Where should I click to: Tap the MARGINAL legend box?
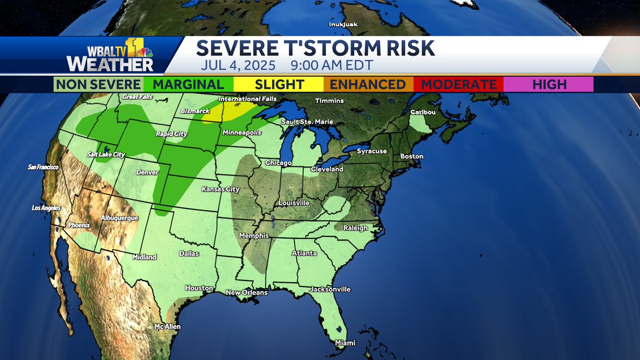pos(188,84)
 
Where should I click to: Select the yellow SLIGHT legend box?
pos(279,84)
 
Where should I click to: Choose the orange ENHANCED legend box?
pos(369,84)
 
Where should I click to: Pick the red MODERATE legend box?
pos(459,84)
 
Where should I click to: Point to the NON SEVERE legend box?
pos(99,84)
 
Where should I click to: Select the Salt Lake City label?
pos(106,155)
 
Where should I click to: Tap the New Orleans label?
pos(246,292)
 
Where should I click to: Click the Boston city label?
pos(412,156)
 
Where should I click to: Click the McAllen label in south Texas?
pos(167,326)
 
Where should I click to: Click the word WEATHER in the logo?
pos(110,64)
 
